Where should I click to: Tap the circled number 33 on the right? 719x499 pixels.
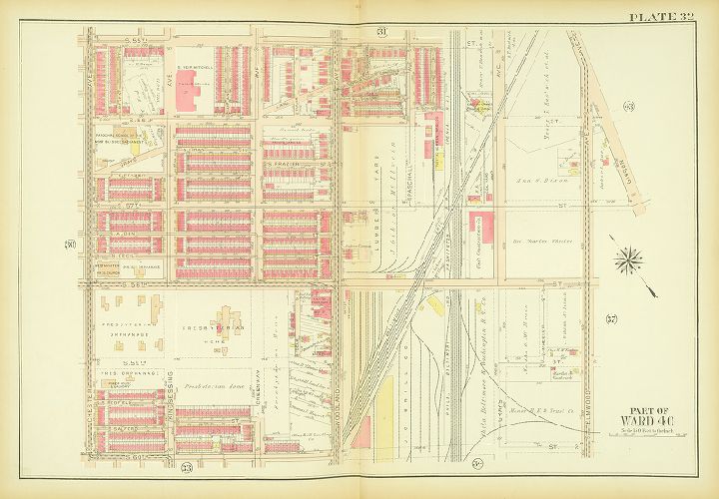628,106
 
